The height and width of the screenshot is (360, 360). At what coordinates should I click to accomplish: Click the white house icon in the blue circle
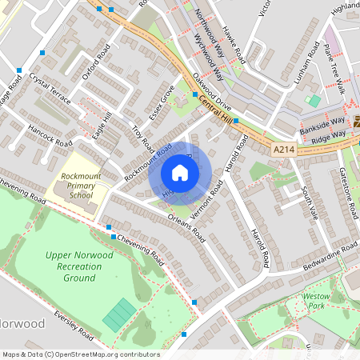point(180,173)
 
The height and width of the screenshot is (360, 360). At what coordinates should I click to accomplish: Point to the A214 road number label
point(284,150)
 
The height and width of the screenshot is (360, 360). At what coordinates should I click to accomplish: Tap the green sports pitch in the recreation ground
point(119,314)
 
